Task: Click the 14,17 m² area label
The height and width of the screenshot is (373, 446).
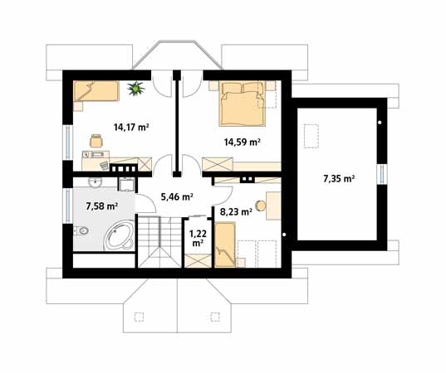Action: pyautogui.click(x=131, y=127)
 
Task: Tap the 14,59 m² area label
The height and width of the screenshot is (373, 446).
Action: pyautogui.click(x=243, y=142)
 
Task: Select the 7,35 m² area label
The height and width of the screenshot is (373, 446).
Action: pyautogui.click(x=339, y=178)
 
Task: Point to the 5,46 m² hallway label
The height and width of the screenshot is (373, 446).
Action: pyautogui.click(x=177, y=196)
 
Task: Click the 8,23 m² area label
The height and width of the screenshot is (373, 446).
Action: pyautogui.click(x=236, y=211)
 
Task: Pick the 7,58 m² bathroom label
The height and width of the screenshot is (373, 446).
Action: pyautogui.click(x=102, y=206)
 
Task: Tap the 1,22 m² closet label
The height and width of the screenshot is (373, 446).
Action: pyautogui.click(x=198, y=238)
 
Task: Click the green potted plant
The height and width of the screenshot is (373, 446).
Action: pyautogui.click(x=136, y=89)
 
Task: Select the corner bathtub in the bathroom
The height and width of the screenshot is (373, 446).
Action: pyautogui.click(x=119, y=236)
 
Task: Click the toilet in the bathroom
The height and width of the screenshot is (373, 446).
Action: pyautogui.click(x=81, y=230)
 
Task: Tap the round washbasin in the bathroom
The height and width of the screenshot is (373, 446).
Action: pyautogui.click(x=95, y=182)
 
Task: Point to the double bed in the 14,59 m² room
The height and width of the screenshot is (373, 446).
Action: pyautogui.click(x=243, y=104)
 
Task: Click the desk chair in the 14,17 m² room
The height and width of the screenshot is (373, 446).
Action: pyautogui.click(x=96, y=141)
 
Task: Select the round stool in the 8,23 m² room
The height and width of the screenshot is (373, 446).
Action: pyautogui.click(x=261, y=206)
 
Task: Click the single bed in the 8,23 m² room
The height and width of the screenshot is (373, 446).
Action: pyautogui.click(x=225, y=245)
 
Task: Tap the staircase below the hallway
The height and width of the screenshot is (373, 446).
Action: pyautogui.click(x=159, y=241)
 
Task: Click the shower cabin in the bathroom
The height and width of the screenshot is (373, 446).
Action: pyautogui.click(x=126, y=185)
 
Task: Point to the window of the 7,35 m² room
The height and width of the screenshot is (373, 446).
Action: pyautogui.click(x=382, y=174)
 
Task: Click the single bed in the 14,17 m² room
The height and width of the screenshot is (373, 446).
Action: pyautogui.click(x=96, y=91)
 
